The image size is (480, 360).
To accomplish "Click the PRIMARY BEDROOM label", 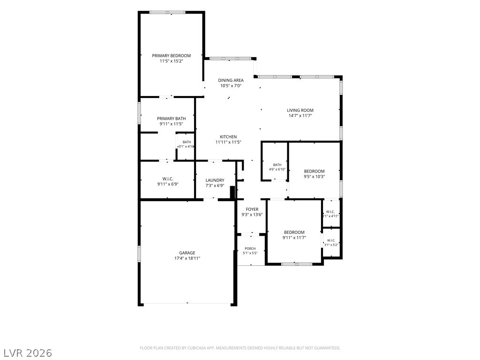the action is (172, 56).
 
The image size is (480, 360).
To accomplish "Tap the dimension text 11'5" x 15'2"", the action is (172, 61).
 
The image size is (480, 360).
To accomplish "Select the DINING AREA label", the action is (231, 81).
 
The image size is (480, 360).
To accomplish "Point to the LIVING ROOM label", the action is (300, 110).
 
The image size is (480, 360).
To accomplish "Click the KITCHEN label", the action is (228, 137).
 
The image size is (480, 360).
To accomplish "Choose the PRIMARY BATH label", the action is (172, 119).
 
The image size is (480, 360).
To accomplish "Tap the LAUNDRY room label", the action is (215, 180).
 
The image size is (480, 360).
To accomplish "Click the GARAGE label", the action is (187, 253).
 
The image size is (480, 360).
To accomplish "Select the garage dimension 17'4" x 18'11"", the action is (187, 258).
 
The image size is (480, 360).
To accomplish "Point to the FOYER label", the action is (252, 210).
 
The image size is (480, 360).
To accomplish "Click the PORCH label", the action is (250, 248).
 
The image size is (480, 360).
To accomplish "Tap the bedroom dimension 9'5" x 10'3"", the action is (314, 177).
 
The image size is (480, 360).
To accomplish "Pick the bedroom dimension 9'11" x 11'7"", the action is (294, 238).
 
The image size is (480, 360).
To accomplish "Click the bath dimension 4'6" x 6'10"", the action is (277, 169).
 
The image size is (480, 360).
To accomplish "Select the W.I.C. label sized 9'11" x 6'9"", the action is (168, 179).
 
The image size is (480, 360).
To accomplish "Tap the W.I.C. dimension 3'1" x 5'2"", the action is (331, 245).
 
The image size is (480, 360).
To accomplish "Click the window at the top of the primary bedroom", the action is (167, 12).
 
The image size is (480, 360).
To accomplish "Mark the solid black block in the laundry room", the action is (232, 193).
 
